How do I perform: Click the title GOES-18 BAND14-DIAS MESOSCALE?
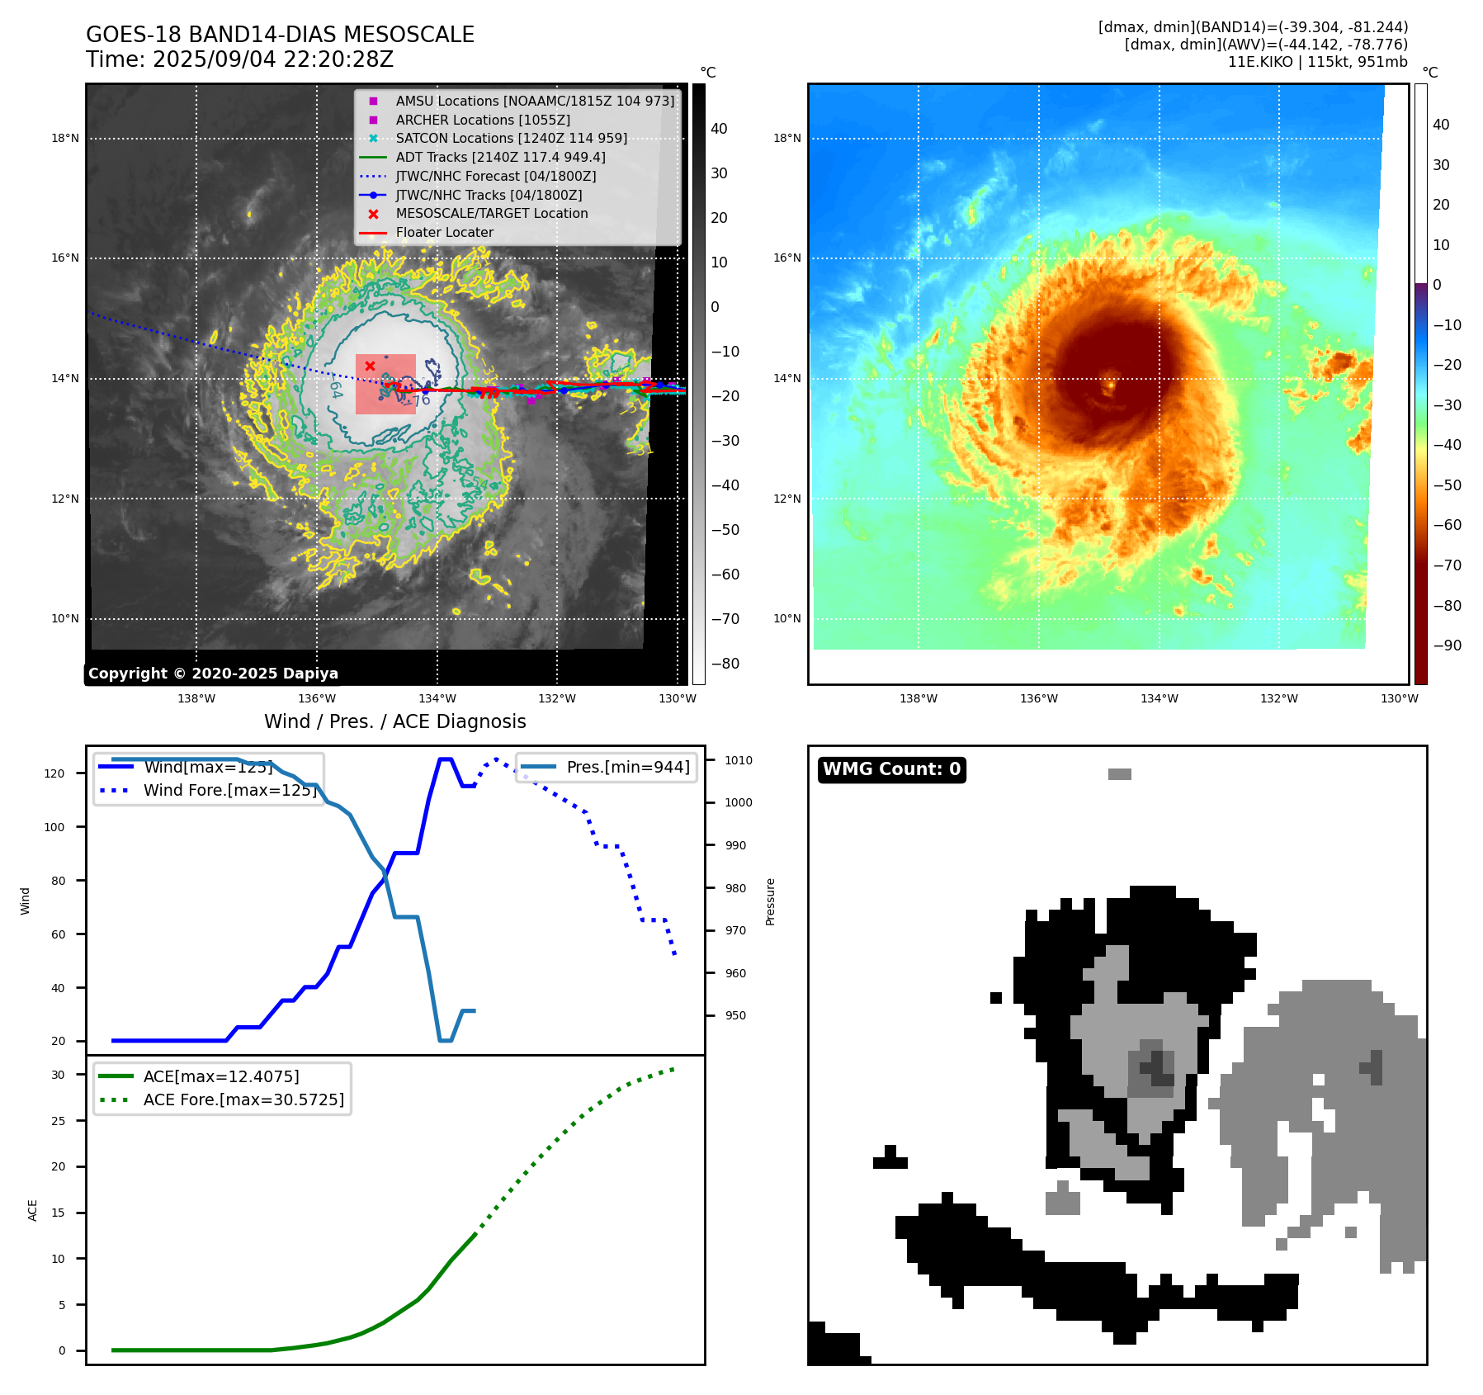(x=280, y=35)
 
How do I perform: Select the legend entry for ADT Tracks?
(x=500, y=157)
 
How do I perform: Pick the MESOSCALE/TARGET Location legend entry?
(x=492, y=214)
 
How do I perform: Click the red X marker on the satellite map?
(x=370, y=366)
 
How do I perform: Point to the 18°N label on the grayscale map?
(x=65, y=139)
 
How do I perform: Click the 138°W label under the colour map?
(x=918, y=699)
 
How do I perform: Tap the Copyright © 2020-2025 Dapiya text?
(x=213, y=674)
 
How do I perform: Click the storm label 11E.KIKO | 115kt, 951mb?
(x=1317, y=62)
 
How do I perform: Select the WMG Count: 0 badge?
(x=891, y=769)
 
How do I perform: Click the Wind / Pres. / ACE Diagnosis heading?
(x=394, y=721)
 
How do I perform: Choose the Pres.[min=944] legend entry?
(x=627, y=767)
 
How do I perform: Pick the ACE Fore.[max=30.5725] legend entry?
(x=243, y=1099)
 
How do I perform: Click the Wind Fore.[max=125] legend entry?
(x=229, y=790)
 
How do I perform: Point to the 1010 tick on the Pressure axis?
(x=739, y=760)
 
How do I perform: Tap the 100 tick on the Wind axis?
(x=54, y=827)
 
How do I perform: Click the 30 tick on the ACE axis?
(x=58, y=1075)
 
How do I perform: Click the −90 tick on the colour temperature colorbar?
(x=1447, y=645)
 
